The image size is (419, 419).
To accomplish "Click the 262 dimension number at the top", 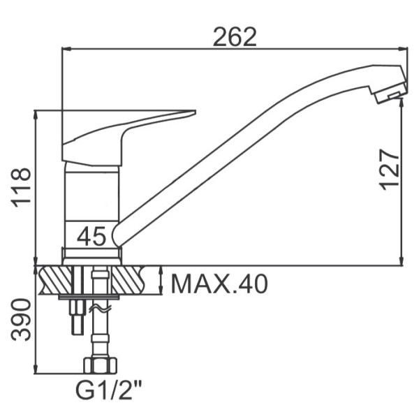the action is (235, 37).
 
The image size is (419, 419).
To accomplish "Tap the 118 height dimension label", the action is (21, 188).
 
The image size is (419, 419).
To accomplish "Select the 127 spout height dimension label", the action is (390, 170).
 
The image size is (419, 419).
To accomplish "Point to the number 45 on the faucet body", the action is (91, 236).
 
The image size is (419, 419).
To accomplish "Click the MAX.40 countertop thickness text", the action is (219, 284).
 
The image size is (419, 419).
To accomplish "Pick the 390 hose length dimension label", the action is (21, 320).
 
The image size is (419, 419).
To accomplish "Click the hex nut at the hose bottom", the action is (100, 365).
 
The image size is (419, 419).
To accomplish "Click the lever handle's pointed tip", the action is (195, 111).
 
